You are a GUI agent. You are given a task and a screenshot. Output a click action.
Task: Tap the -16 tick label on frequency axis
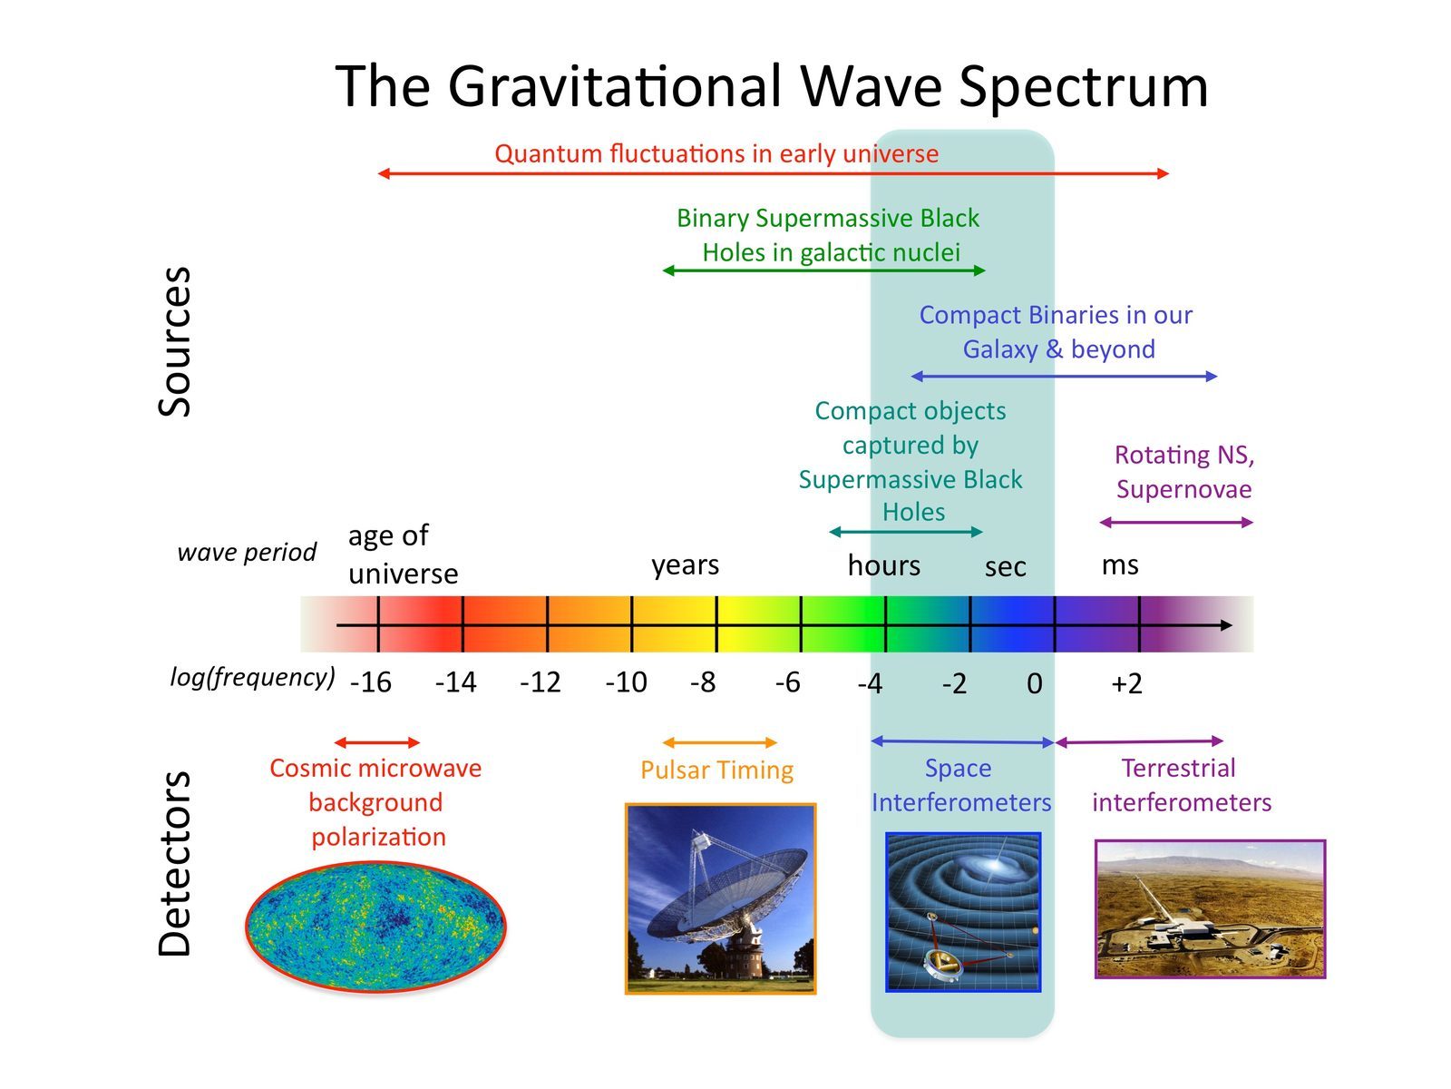point(371,682)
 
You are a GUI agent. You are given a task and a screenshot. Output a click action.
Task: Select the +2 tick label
point(1126,683)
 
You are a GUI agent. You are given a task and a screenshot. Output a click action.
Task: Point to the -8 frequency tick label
point(703,682)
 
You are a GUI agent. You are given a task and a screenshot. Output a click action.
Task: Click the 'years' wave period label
point(685,564)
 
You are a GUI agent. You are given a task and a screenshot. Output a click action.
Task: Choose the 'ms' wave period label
point(1119,564)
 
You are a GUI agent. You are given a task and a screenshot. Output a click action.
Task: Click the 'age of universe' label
point(402,554)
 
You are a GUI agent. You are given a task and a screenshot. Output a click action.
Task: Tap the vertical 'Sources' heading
point(175,341)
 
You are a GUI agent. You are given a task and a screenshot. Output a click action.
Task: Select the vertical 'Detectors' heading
point(175,864)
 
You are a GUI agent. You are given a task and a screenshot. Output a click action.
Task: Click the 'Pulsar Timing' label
point(716,770)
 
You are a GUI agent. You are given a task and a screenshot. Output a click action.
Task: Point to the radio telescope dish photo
point(720,898)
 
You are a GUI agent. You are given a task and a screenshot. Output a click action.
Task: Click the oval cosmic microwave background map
point(375,926)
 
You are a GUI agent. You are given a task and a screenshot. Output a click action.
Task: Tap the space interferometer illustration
point(962,911)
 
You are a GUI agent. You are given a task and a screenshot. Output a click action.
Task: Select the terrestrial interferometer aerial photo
point(1210,908)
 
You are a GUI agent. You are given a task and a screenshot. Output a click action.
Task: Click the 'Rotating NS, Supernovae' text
point(1183,472)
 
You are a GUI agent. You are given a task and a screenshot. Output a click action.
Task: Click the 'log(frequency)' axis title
point(252,677)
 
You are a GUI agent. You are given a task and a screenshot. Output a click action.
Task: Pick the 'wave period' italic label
point(247,552)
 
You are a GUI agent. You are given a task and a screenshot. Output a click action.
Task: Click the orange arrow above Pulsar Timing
point(720,743)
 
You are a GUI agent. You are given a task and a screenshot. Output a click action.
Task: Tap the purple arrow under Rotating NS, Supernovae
point(1175,522)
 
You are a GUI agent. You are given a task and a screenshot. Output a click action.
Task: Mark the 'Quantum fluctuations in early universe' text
point(716,153)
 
